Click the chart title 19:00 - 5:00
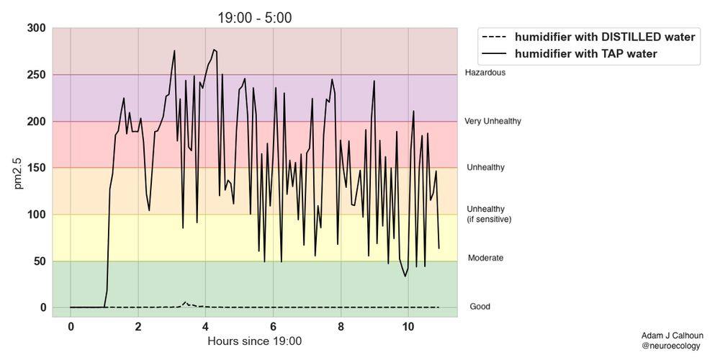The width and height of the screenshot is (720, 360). (x=255, y=18)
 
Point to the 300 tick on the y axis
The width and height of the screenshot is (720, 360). (x=37, y=29)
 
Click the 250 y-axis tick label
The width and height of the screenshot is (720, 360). (x=37, y=75)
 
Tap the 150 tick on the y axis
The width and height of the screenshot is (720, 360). (x=37, y=168)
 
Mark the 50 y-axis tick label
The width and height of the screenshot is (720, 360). (x=40, y=261)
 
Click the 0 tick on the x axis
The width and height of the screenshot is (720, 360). (x=71, y=327)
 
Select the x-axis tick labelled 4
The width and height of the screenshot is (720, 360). (x=206, y=327)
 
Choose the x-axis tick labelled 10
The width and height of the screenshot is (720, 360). (x=408, y=327)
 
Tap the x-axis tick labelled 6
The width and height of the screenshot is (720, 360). (x=274, y=327)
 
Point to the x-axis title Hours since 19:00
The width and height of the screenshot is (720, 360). (x=255, y=341)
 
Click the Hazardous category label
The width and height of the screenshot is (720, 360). (x=485, y=73)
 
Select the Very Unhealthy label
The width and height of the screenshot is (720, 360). (x=492, y=122)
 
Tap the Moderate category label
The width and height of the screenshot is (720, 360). (x=485, y=258)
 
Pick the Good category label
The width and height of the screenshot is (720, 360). (x=480, y=307)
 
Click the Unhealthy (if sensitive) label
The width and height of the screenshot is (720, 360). (x=489, y=214)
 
